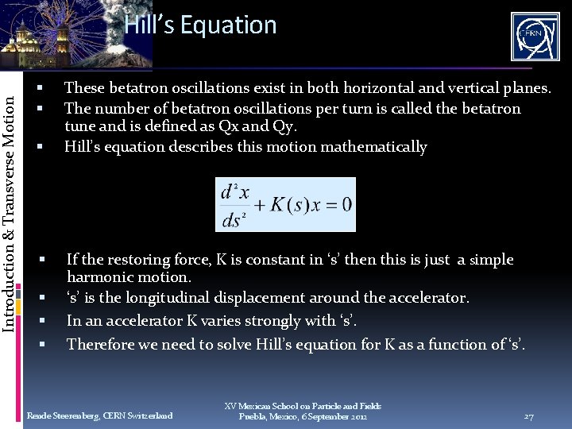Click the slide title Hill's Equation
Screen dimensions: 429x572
coord(200,25)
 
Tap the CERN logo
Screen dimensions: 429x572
coord(534,37)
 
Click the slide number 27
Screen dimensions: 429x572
coord(528,416)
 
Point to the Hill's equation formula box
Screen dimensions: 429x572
coord(285,204)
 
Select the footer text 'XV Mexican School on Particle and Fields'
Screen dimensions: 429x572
coord(303,406)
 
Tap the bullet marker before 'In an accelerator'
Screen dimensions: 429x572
coord(44,322)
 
